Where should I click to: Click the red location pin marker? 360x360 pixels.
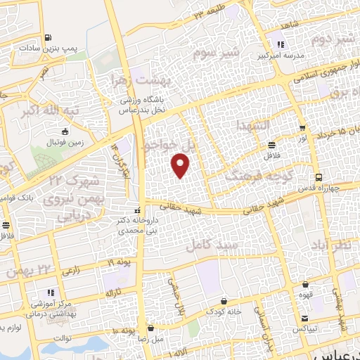click(x=181, y=167)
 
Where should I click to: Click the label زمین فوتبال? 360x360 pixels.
click(x=65, y=143)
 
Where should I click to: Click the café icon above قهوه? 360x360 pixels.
click(x=306, y=285)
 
